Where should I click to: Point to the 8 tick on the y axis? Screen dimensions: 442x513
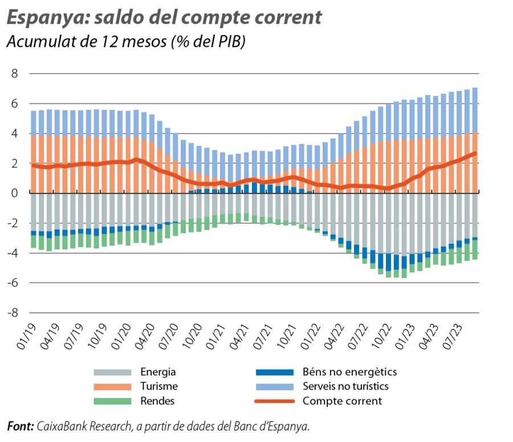(15, 74)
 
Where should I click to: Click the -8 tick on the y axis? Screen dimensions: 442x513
(13, 313)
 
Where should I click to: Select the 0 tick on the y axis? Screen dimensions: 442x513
(15, 193)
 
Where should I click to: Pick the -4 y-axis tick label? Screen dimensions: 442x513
(13, 253)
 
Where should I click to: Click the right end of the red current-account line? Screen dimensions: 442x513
(475, 153)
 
